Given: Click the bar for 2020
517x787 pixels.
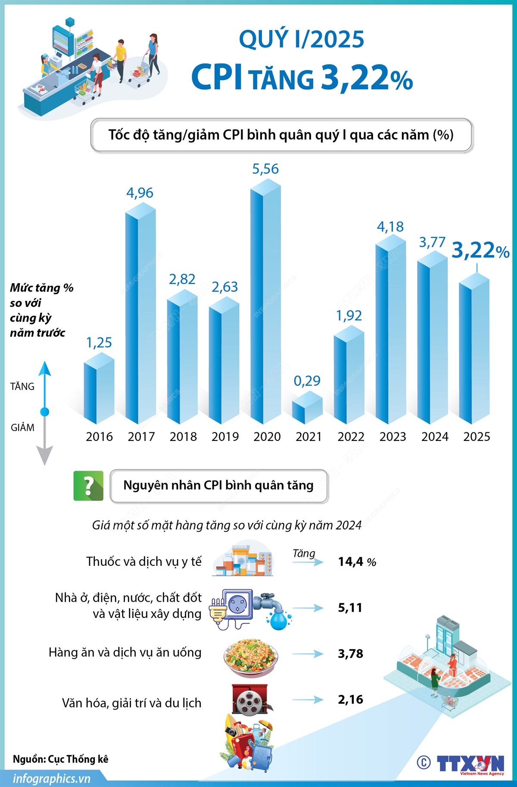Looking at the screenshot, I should coord(265,302).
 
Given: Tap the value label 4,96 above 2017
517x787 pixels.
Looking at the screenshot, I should coord(140,193).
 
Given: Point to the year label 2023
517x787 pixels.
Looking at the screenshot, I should coord(392,437).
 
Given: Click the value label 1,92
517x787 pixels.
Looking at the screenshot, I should coord(349,315).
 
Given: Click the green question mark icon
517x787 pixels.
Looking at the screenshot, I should coord(88,486).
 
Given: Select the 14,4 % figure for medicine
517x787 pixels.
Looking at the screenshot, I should coord(357,562).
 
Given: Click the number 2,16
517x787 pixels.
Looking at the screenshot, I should coord(350,699).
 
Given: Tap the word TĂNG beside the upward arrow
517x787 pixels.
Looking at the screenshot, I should coord(22,387).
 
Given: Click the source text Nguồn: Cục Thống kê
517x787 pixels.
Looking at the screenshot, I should coord(61,759).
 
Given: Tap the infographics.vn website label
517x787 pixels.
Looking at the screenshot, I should coord(52,778).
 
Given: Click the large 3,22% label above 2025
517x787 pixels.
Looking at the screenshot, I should coord(480,250).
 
